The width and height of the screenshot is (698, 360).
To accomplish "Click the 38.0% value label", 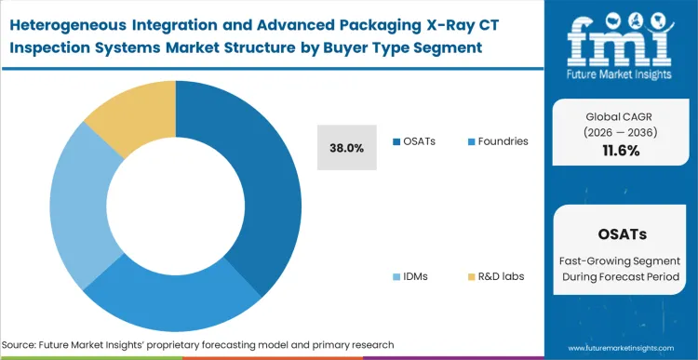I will pos(346,148).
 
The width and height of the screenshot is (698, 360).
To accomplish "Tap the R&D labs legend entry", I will pos(493,277).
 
